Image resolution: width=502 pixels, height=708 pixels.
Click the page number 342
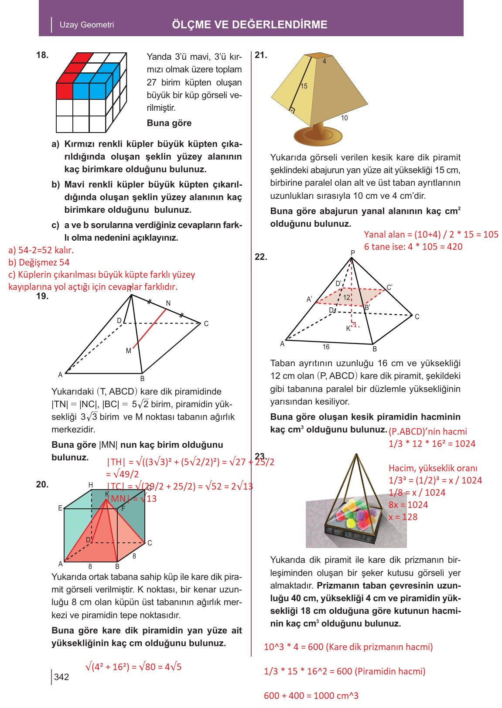[61, 677]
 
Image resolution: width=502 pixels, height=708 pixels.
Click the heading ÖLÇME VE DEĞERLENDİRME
[249, 24]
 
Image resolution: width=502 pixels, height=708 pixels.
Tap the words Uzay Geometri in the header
[87, 25]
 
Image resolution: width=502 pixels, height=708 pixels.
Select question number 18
[42, 55]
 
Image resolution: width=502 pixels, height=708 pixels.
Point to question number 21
[261, 55]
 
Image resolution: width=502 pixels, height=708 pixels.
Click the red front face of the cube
[65, 91]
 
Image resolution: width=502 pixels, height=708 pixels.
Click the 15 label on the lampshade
[304, 86]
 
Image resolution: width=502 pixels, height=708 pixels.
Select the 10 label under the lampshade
[344, 118]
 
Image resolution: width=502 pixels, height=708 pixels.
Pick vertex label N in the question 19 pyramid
[168, 303]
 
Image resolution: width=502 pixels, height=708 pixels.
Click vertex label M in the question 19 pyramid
[128, 351]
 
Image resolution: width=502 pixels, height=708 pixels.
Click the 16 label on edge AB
[326, 347]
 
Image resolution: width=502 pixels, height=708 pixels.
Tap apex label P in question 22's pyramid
[352, 253]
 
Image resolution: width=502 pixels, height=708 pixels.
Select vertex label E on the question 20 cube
[60, 508]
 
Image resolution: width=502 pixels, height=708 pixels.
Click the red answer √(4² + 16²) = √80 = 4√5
[133, 667]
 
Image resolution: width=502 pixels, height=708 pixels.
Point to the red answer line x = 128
[403, 517]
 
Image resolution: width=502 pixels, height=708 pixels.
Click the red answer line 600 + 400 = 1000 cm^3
[311, 696]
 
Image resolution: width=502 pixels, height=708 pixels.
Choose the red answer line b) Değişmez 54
[39, 262]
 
